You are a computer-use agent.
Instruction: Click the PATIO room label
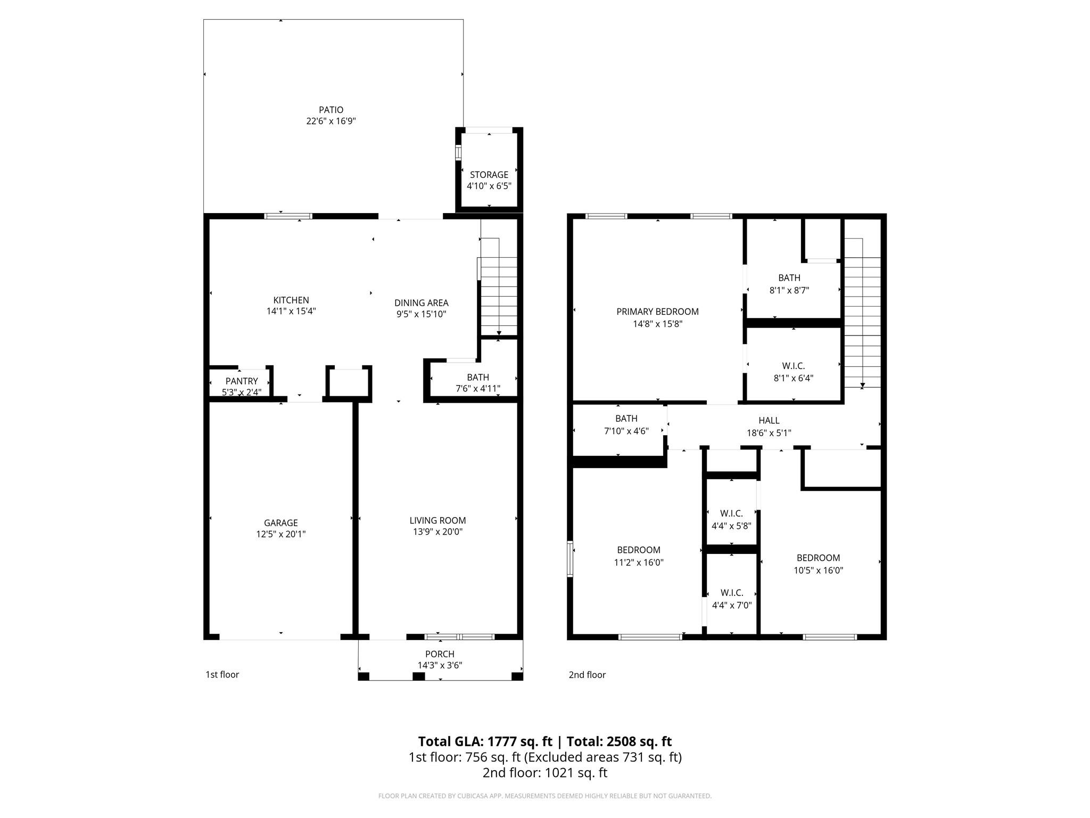(x=331, y=110)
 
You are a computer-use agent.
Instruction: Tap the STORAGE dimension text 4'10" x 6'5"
(x=489, y=186)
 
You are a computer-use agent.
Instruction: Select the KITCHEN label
(x=291, y=300)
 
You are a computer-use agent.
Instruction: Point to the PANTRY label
(x=242, y=381)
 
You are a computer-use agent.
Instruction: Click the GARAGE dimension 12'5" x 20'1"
(x=281, y=534)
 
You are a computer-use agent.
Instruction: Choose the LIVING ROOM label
(x=437, y=520)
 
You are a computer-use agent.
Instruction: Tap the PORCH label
(x=440, y=654)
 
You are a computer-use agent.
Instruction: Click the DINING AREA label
(x=421, y=302)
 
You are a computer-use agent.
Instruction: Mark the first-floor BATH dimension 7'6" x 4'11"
(x=478, y=389)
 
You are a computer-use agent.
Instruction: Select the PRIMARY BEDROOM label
(x=657, y=312)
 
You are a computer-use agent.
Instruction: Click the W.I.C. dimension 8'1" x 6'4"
(x=793, y=378)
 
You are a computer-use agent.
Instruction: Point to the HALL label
(x=769, y=421)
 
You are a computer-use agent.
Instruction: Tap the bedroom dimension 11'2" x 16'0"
(x=639, y=562)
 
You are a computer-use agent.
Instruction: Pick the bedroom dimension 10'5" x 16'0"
(x=818, y=570)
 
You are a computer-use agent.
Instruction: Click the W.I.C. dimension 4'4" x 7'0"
(x=731, y=605)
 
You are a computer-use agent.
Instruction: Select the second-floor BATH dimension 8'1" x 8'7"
(x=789, y=290)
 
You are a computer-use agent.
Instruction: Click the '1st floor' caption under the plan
(x=222, y=675)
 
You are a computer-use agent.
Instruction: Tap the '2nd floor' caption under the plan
(x=587, y=675)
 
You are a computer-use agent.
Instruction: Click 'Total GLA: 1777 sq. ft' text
(x=485, y=741)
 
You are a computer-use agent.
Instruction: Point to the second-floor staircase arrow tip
(x=862, y=386)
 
